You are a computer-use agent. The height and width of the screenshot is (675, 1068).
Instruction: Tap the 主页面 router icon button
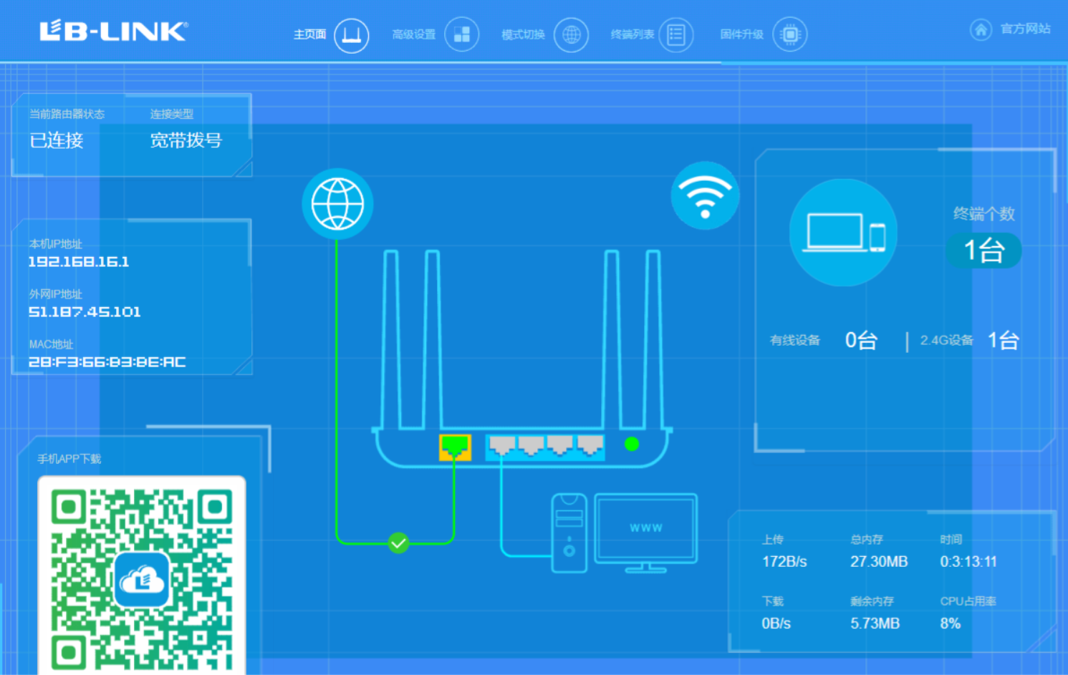[x=352, y=35]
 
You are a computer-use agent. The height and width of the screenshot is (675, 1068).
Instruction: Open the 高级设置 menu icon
[x=461, y=34]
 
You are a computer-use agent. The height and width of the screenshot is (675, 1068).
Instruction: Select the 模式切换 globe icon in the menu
[x=571, y=34]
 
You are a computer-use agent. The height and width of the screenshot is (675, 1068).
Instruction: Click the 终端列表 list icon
[x=676, y=34]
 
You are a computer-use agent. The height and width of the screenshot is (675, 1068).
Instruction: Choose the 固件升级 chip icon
[x=790, y=34]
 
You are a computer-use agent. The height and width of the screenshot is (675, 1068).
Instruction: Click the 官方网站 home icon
[x=981, y=30]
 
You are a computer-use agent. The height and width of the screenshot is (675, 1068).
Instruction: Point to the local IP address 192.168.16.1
[x=79, y=261]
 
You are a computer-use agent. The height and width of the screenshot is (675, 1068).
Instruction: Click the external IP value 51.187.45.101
[x=85, y=312]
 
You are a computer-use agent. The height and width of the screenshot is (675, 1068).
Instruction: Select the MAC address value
[x=107, y=362]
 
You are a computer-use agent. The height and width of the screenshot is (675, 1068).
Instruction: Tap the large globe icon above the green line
[x=337, y=204]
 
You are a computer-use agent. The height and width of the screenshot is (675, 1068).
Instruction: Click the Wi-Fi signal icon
[x=705, y=196]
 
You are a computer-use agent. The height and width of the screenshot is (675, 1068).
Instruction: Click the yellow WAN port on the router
[x=455, y=447]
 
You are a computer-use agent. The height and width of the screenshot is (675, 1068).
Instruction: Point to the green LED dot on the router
[x=632, y=445]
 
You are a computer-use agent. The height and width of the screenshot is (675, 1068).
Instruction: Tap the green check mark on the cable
[x=398, y=543]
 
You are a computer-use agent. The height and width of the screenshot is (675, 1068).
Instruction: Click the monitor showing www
[x=646, y=533]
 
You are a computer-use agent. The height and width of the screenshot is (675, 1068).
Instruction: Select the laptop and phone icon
[x=843, y=233]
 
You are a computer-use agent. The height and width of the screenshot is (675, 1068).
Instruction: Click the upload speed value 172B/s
[x=784, y=562]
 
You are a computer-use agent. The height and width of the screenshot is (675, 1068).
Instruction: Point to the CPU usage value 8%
[x=951, y=623]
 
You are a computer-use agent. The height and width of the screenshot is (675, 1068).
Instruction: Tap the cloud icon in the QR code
[x=142, y=580]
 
